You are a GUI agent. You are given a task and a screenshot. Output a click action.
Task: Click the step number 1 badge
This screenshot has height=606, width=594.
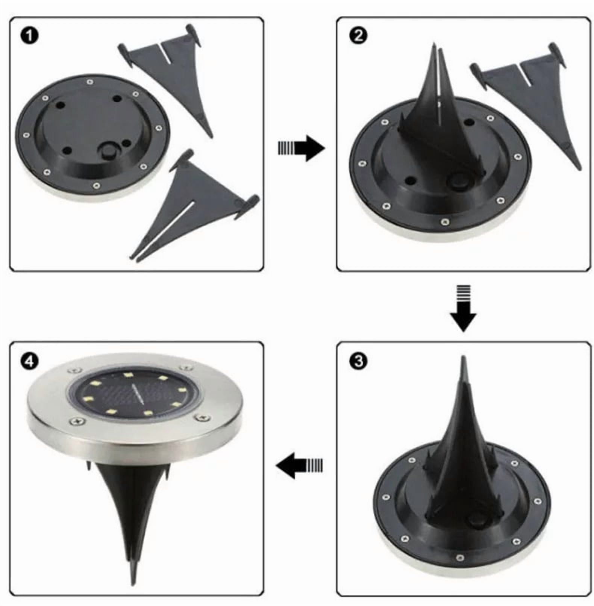coord(30,36)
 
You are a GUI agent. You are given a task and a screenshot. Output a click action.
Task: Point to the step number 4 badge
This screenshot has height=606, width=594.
coord(30,361)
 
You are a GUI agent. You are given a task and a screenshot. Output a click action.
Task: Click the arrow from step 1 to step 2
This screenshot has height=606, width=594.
coord(301,148)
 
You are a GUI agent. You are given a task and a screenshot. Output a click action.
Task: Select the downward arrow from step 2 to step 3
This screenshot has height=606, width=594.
coord(463,309)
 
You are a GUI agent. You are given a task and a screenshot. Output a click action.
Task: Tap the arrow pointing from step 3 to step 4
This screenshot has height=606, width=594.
coord(299,465)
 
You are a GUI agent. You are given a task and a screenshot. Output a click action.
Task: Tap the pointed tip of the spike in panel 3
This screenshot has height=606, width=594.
coord(464,358)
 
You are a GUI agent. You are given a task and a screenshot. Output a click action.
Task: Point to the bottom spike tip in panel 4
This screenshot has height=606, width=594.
coord(133,584)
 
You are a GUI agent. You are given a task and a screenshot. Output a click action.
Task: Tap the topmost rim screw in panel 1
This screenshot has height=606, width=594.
coord(89,82)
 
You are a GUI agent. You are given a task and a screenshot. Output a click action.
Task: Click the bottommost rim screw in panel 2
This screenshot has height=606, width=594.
coord(445,222)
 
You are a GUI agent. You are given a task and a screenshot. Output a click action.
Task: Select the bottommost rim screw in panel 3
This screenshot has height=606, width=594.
coord(459,557)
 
